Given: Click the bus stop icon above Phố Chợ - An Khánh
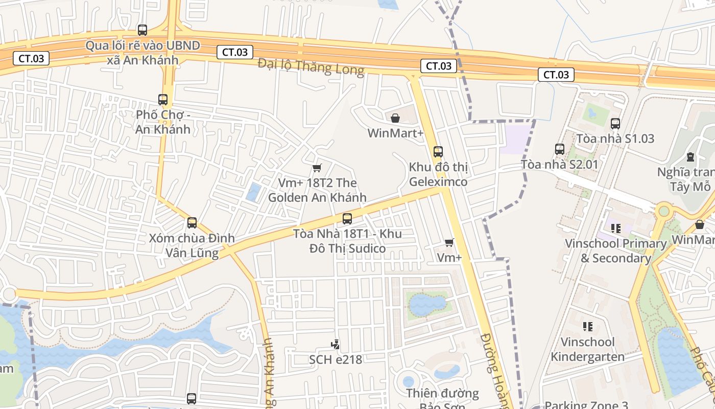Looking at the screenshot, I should point(163,100).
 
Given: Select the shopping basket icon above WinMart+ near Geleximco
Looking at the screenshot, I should point(395,119).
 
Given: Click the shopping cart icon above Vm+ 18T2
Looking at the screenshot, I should point(317,168).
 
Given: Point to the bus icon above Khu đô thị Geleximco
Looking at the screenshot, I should point(438,152).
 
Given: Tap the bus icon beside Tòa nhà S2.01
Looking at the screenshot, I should point(560,149).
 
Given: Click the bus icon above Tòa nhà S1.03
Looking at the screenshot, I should point(615,123).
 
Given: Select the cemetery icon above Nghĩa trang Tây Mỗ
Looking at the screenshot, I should point(690,156).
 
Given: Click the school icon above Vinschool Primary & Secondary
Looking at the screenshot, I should point(615,228).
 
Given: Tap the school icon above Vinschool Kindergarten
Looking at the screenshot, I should point(587,326).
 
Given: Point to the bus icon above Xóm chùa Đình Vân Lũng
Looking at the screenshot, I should point(192,223).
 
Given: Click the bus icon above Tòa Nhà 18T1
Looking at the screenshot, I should point(347,219).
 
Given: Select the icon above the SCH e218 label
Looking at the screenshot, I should point(335,345).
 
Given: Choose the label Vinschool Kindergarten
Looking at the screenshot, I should point(587,349).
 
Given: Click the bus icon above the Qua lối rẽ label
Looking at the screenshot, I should point(142,30).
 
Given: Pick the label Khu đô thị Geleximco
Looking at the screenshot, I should point(438,174).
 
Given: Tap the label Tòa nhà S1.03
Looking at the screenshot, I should point(615,139).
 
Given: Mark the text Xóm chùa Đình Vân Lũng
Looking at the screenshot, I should point(192,245).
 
